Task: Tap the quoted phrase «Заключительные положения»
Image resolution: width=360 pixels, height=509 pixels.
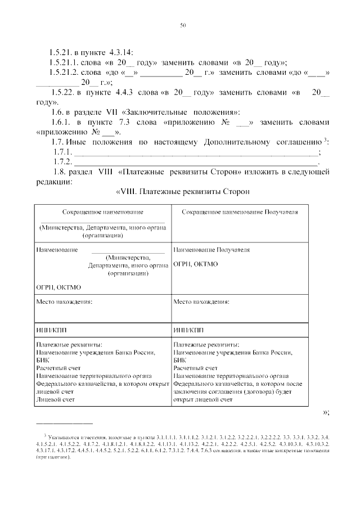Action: (x=179, y=112)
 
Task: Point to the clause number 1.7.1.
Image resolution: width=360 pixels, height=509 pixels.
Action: (x=63, y=152)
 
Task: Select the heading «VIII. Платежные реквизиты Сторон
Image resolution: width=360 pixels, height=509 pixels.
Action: (x=183, y=192)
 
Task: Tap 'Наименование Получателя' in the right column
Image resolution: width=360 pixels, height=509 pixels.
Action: (x=211, y=249)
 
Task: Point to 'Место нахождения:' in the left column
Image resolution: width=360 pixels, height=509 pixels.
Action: (x=64, y=301)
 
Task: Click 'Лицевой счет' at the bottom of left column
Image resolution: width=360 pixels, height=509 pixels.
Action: (x=55, y=399)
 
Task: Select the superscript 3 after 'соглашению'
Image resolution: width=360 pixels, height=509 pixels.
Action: (x=326, y=139)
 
